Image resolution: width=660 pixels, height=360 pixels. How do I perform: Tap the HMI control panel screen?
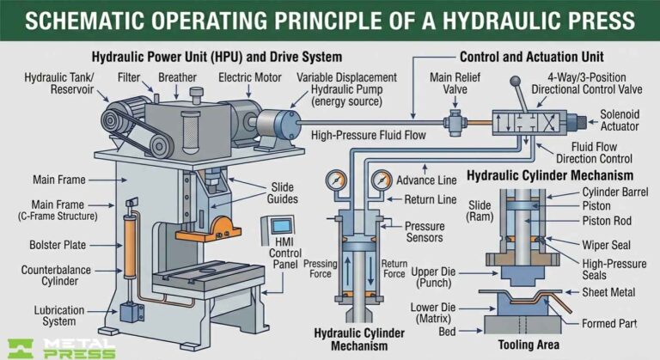[281, 227]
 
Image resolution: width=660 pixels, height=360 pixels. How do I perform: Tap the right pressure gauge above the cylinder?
[381, 182]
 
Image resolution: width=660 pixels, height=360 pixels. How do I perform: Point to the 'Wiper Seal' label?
[606, 242]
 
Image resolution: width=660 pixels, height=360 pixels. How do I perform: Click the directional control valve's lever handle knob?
[519, 82]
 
